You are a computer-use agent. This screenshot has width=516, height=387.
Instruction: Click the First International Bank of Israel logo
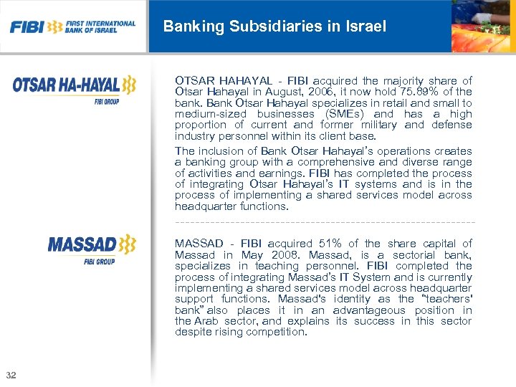pyautogui.click(x=72, y=27)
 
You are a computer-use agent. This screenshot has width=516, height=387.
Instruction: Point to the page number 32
pyautogui.click(x=11, y=376)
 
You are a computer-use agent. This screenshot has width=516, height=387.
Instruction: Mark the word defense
pyautogui.click(x=452, y=125)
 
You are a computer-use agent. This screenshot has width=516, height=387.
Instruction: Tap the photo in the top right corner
pyautogui.click(x=482, y=27)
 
